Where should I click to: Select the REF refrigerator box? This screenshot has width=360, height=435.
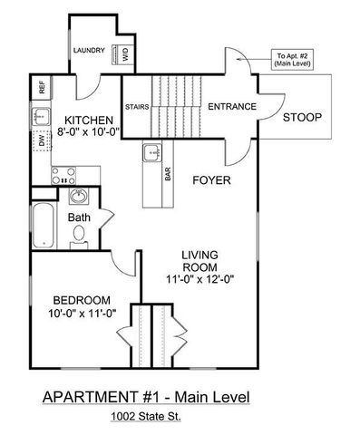pyautogui.click(x=42, y=88)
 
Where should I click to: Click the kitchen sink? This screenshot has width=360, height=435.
pyautogui.click(x=42, y=116)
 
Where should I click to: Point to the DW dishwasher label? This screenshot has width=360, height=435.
pyautogui.click(x=42, y=140)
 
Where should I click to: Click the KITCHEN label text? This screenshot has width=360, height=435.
pyautogui.click(x=88, y=120)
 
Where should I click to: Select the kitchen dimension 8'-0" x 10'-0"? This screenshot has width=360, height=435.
pyautogui.click(x=88, y=132)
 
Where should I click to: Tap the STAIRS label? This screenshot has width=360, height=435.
pyautogui.click(x=138, y=106)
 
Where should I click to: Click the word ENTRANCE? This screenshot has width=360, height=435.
pyautogui.click(x=232, y=107)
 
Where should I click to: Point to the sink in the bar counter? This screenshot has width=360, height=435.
pyautogui.click(x=151, y=152)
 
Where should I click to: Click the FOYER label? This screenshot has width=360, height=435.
pyautogui.click(x=211, y=180)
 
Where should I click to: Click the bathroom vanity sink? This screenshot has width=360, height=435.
pyautogui.click(x=79, y=196)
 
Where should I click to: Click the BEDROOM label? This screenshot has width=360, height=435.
pyautogui.click(x=81, y=301)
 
